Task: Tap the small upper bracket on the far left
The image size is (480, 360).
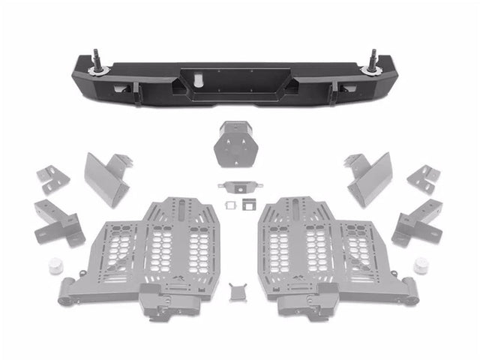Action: [52, 180]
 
